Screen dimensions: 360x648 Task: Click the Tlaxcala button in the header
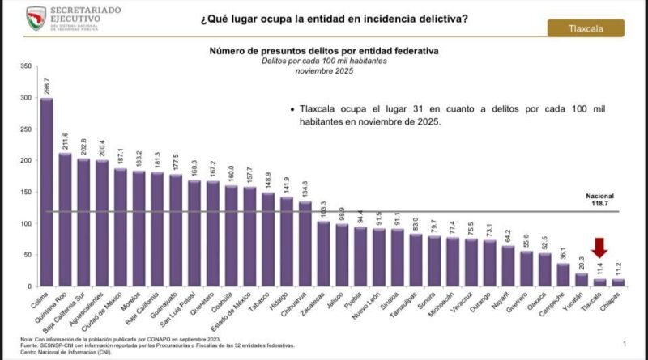[586, 28]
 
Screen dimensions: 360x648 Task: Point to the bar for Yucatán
[581, 280]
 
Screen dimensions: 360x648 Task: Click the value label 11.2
[618, 267]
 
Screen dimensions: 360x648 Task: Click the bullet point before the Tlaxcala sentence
[291, 108]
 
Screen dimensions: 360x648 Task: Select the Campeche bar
[562, 275]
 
